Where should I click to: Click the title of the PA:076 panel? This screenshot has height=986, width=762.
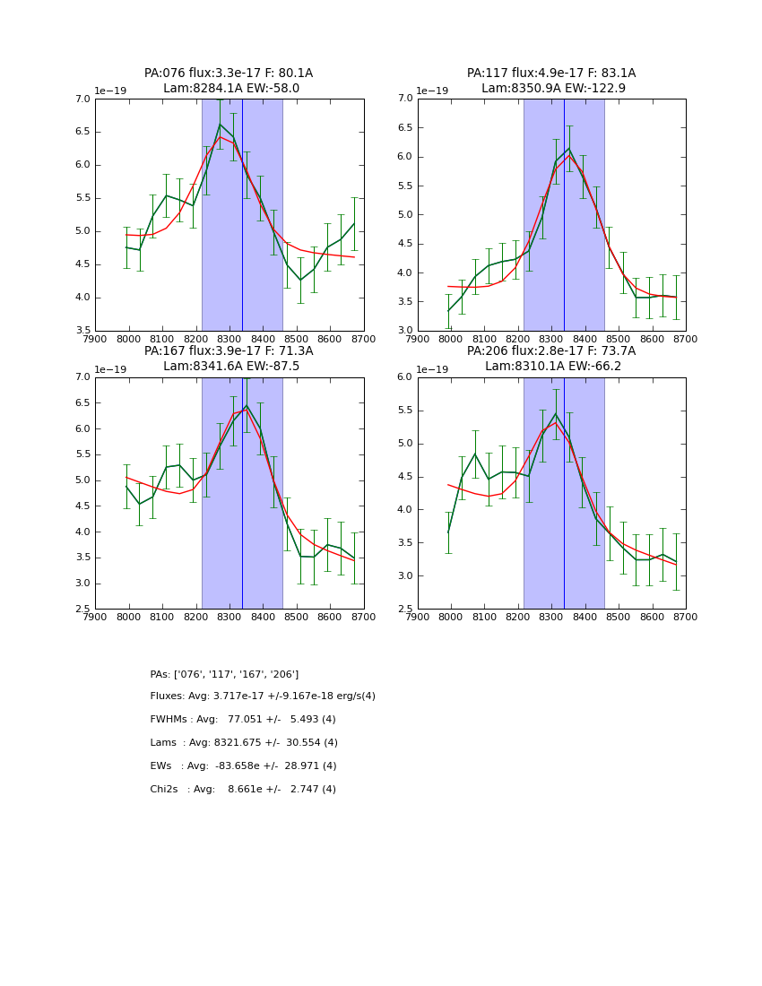click(x=229, y=81)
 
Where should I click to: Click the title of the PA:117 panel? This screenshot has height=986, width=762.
click(x=551, y=81)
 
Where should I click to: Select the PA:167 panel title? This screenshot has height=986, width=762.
click(x=229, y=359)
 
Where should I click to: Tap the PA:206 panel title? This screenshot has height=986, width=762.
click(x=551, y=359)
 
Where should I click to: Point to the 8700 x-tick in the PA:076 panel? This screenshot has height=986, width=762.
click(x=364, y=339)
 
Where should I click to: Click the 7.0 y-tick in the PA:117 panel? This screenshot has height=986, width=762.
click(x=405, y=99)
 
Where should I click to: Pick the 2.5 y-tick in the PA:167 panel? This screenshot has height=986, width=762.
click(x=82, y=610)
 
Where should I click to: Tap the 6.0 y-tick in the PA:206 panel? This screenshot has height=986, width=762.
click(x=405, y=377)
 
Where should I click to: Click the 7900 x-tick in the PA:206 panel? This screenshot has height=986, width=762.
click(x=418, y=617)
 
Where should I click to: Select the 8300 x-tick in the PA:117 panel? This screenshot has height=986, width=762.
click(x=552, y=339)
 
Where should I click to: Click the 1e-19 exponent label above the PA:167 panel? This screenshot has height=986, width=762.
click(x=111, y=369)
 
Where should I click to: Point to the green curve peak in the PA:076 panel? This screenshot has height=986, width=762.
click(x=220, y=125)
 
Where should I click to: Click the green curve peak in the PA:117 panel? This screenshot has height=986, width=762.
click(x=568, y=149)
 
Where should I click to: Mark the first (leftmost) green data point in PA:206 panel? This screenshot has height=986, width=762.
click(x=448, y=532)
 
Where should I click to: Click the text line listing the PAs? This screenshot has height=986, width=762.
click(x=224, y=674)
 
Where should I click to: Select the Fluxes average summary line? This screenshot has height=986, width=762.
click(x=263, y=696)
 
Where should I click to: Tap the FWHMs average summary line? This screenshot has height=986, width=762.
click(x=243, y=720)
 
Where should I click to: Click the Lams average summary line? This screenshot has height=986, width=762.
click(x=244, y=743)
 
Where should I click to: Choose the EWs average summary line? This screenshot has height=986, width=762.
click(x=243, y=766)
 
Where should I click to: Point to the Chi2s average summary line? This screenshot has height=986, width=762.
click(x=243, y=790)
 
